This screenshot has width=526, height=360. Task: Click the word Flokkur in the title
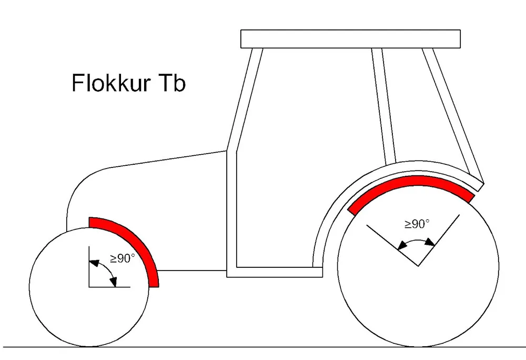pyautogui.click(x=107, y=83)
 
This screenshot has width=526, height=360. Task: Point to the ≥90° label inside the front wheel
pyautogui.click(x=122, y=258)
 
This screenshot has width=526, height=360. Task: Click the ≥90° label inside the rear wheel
pyautogui.click(x=417, y=224)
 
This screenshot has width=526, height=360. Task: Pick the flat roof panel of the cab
pyautogui.click(x=350, y=39)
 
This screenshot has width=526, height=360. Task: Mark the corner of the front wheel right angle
pyautogui.click(x=89, y=287)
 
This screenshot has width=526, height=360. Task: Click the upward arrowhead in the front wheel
pyautogui.click(x=93, y=261)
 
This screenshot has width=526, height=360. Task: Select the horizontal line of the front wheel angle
pyautogui.click(x=110, y=287)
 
